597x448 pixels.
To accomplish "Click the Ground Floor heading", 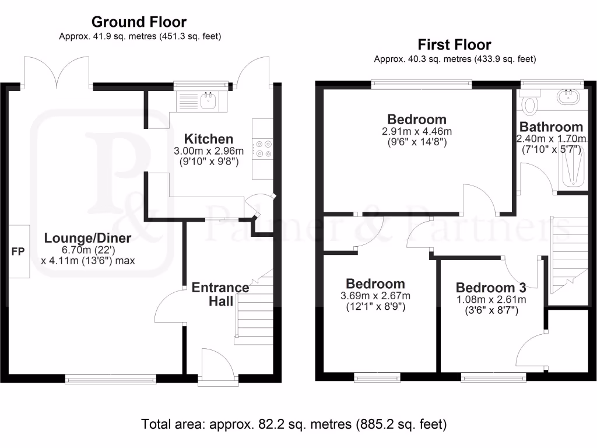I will [139, 22].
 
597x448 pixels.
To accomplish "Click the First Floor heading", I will [454, 44].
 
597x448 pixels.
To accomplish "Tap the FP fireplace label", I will [18, 252].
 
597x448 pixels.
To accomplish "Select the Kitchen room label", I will [209, 139].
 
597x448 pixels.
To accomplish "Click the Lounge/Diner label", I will [88, 238].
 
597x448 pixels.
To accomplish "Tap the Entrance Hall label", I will [220, 294].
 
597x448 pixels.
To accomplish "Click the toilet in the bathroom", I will [530, 104].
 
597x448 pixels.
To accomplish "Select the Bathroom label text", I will [551, 127].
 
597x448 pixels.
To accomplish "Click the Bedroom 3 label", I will [491, 288].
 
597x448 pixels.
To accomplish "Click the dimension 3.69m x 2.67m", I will [375, 295].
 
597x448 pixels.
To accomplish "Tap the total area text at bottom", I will [294, 423].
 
